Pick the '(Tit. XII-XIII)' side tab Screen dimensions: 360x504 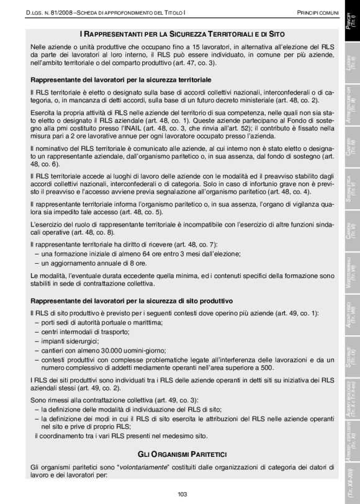[x=351, y=477]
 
